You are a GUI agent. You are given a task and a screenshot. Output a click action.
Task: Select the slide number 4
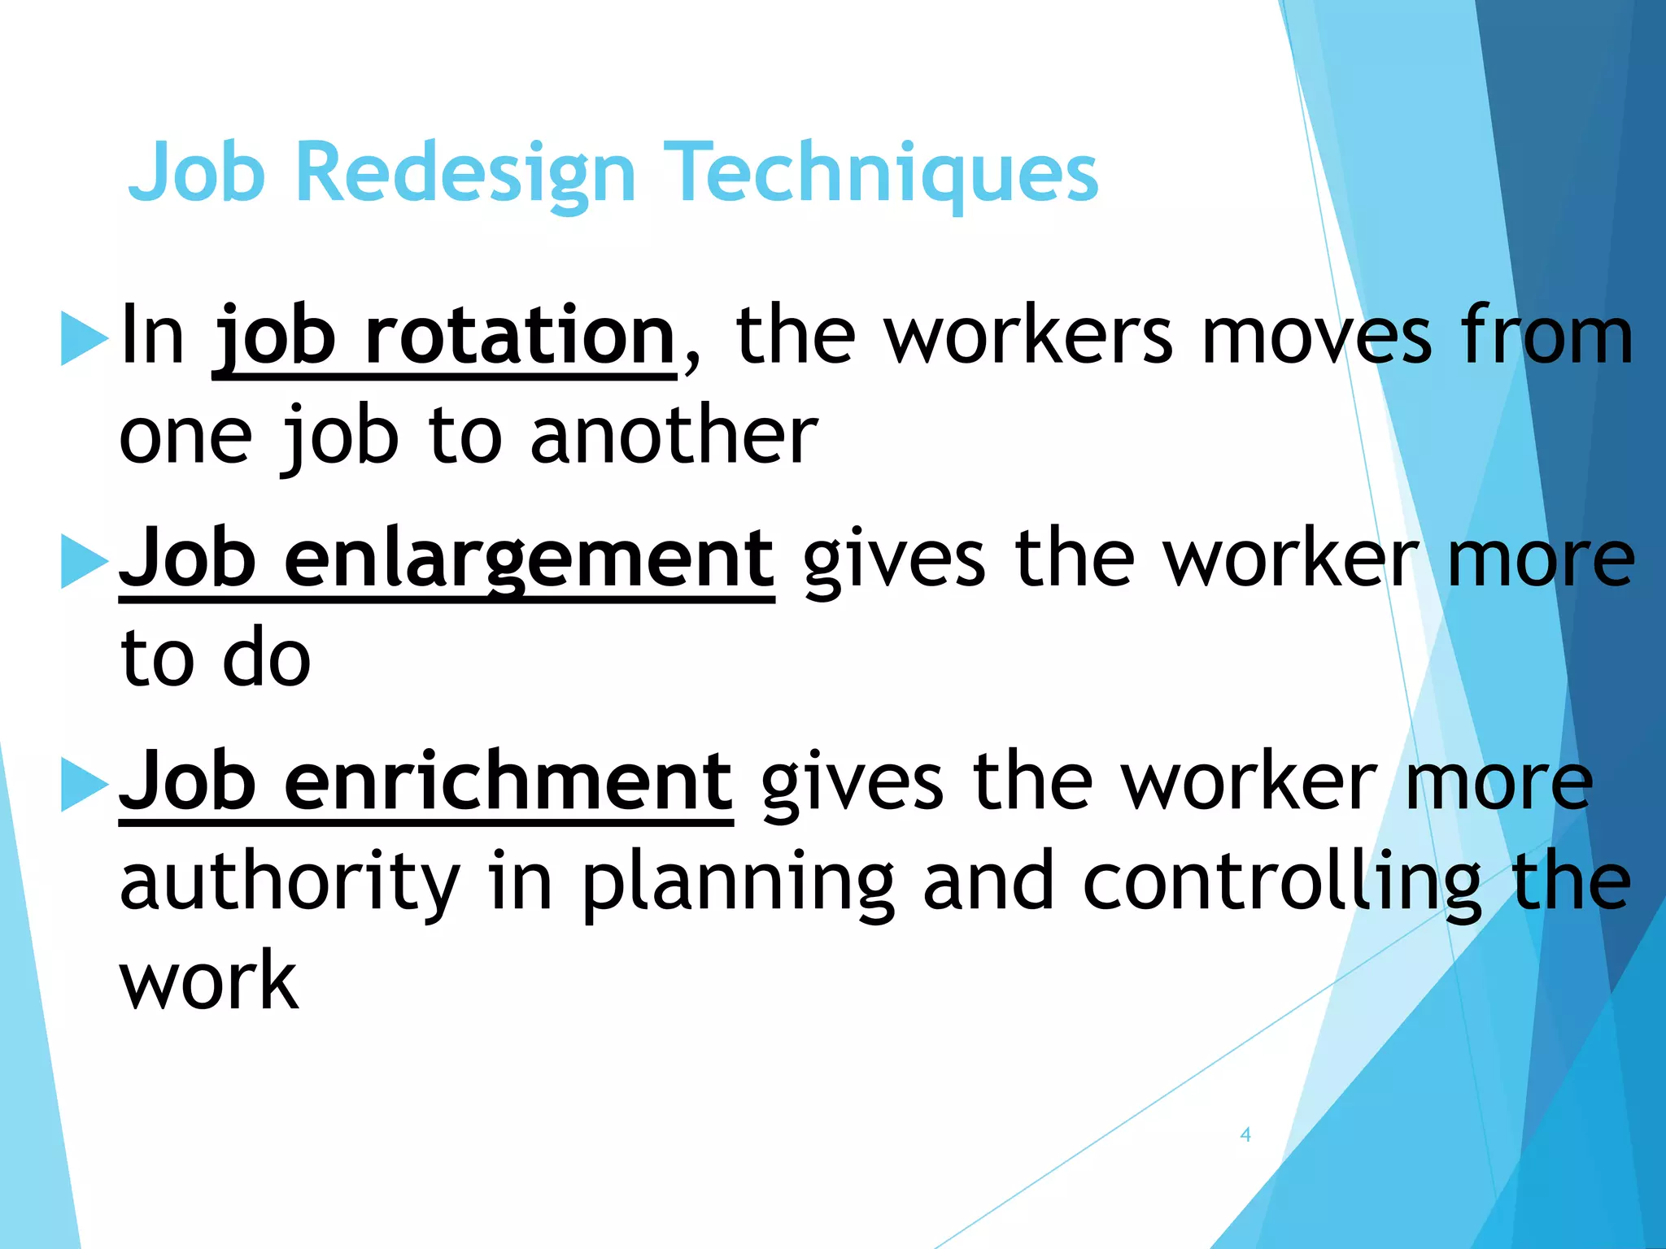pyautogui.click(x=1245, y=1134)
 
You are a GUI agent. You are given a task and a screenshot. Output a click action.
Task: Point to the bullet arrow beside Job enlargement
pyautogui.click(x=85, y=561)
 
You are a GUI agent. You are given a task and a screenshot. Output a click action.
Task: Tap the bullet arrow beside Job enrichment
pyautogui.click(x=85, y=784)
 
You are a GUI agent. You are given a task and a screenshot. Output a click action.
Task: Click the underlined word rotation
pyautogui.click(x=520, y=336)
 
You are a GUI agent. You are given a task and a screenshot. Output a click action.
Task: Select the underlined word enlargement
pyautogui.click(x=529, y=559)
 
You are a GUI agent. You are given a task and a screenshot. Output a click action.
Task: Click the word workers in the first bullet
pyautogui.click(x=1029, y=336)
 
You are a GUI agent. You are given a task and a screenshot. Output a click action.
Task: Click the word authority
pyautogui.click(x=290, y=882)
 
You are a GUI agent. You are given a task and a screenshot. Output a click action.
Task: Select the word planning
pyautogui.click(x=738, y=882)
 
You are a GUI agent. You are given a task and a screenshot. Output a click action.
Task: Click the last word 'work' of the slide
pyautogui.click(x=210, y=981)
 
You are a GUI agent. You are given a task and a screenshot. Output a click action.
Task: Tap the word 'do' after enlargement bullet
pyautogui.click(x=267, y=659)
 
